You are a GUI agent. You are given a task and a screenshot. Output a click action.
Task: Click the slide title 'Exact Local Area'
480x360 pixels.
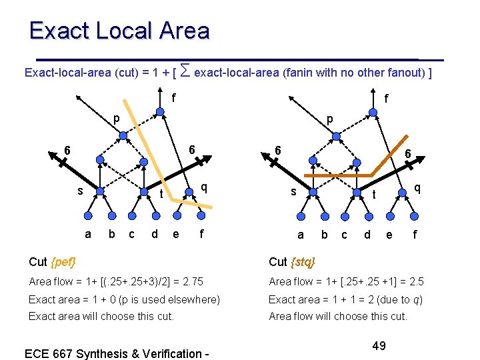pyautogui.click(x=119, y=31)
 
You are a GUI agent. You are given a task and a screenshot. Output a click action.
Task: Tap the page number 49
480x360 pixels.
pyautogui.click(x=379, y=345)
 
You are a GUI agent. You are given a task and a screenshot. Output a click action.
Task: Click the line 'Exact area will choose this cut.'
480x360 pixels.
pyautogui.click(x=101, y=316)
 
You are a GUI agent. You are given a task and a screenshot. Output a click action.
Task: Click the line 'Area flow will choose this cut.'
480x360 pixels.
pyautogui.click(x=338, y=316)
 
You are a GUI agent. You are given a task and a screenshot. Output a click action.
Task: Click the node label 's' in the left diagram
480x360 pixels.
pyautogui.click(x=79, y=191)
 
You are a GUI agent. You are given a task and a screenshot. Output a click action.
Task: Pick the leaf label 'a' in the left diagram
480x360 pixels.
pyautogui.click(x=88, y=234)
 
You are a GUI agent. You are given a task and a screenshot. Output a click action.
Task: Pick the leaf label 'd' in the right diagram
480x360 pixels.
pyautogui.click(x=367, y=235)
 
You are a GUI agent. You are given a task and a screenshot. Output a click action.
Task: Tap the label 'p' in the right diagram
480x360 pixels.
pyautogui.click(x=329, y=120)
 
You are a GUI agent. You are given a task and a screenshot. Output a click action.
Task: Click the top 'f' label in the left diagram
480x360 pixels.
pyautogui.click(x=174, y=97)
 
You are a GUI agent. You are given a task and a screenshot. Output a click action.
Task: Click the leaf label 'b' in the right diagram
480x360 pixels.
pyautogui.click(x=325, y=235)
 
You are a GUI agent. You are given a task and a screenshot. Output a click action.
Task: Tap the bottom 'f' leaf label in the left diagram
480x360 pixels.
pyautogui.click(x=201, y=234)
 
